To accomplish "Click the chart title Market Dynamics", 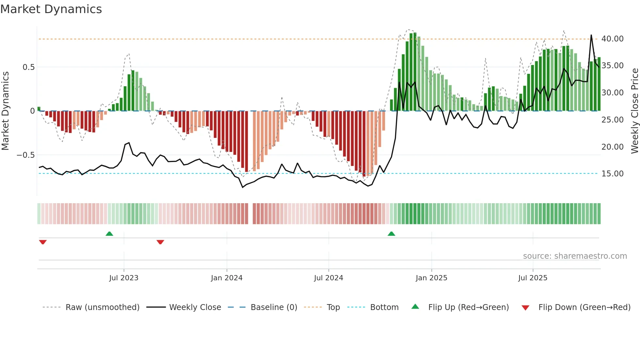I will [x=51, y=9].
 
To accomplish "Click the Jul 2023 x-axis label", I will [x=124, y=278].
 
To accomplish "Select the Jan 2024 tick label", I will [x=227, y=278].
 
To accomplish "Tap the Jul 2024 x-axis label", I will [x=328, y=278].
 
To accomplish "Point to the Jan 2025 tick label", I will [x=431, y=278].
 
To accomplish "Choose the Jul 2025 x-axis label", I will [x=533, y=278].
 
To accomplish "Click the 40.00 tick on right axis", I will [x=612, y=39].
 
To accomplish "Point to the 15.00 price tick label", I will [x=612, y=174].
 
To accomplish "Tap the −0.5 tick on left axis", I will [x=26, y=155].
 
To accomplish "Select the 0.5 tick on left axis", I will [x=28, y=67].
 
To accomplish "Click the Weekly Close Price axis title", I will [x=634, y=111].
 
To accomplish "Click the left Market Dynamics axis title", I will [x=5, y=111].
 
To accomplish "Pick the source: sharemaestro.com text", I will [x=575, y=256].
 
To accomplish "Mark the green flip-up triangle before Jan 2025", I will [x=391, y=234].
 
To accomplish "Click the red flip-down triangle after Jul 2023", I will [x=160, y=242].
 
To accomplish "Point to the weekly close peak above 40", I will [x=591, y=35].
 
